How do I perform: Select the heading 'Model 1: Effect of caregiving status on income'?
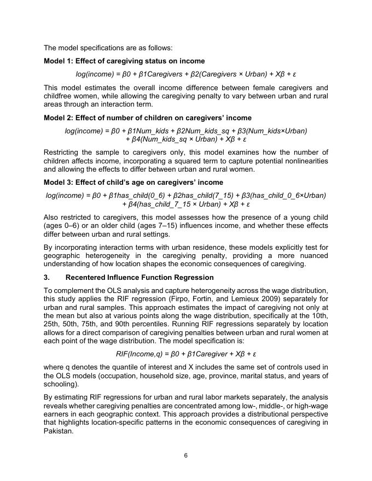coord(124,61)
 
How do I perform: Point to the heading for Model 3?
coord(133,182)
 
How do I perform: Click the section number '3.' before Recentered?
coord(47,278)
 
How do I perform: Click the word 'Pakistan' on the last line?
coord(57,431)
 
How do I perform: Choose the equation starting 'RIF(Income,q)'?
coord(186,354)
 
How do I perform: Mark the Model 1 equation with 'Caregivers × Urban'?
coord(186,74)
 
